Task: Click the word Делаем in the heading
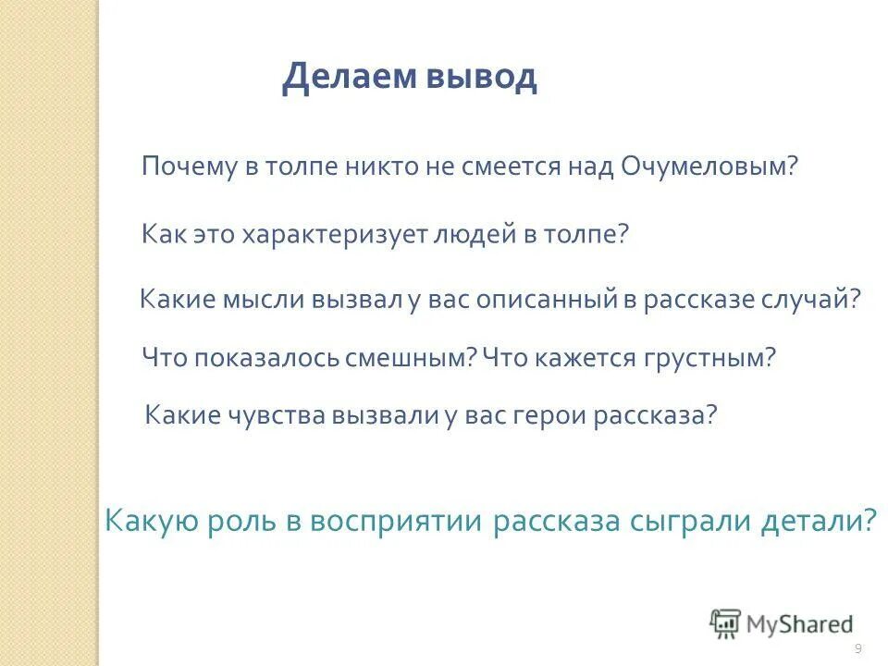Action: tap(349, 78)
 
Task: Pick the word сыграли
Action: tap(684, 521)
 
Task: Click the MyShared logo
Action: tap(782, 623)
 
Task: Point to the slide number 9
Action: tap(858, 647)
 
